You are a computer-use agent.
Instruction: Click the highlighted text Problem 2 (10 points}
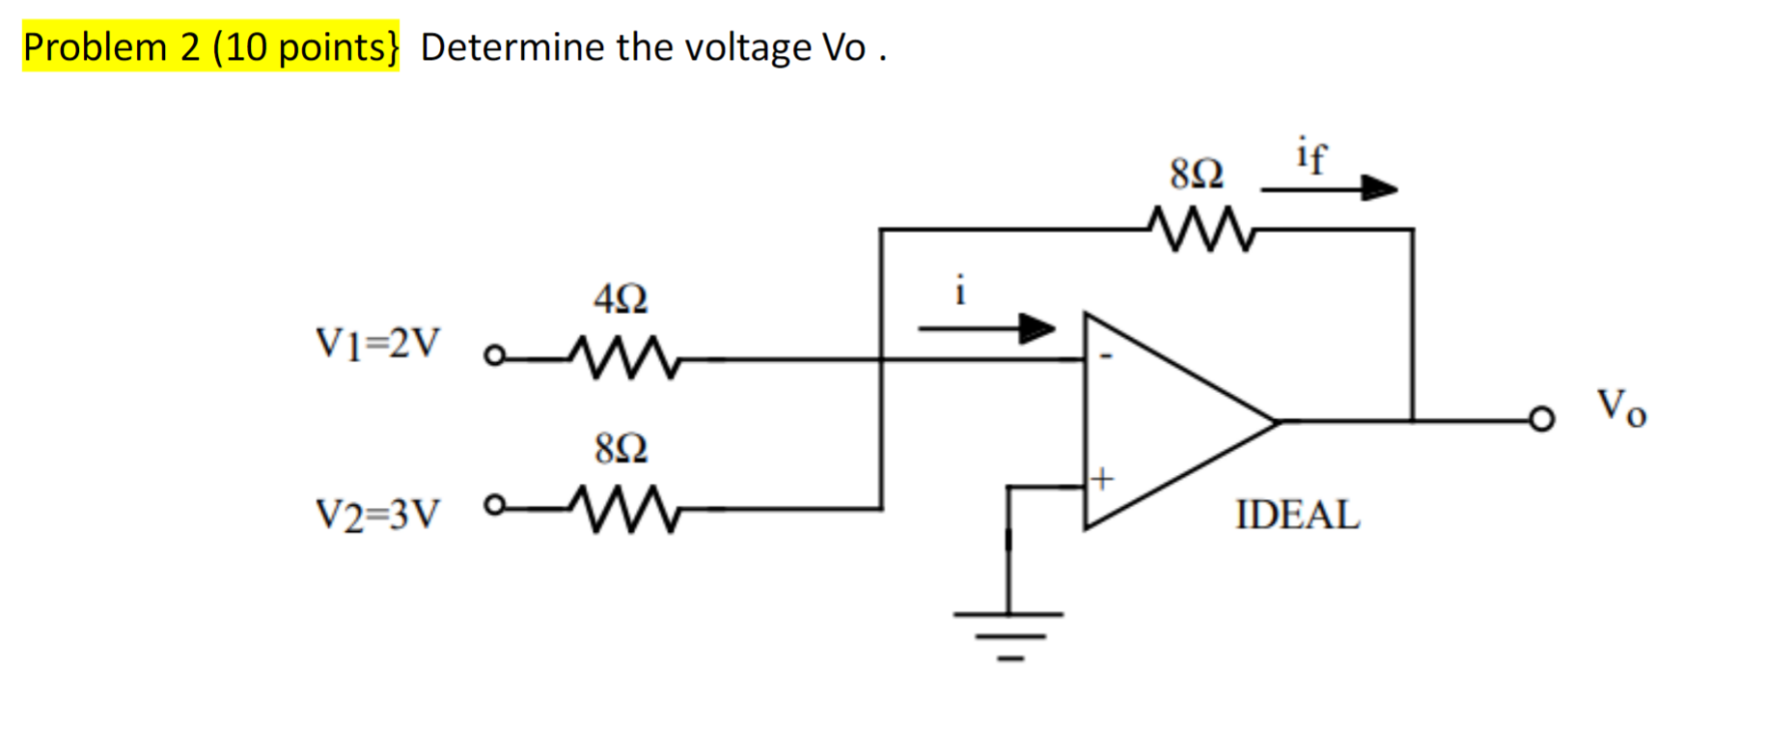pyautogui.click(x=210, y=46)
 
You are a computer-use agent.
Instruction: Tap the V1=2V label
pyautogui.click(x=377, y=343)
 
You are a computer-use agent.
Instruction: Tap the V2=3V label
pyautogui.click(x=377, y=515)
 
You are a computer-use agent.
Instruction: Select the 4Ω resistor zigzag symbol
pyautogui.click(x=626, y=358)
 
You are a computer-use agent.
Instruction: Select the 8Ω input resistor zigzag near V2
pyautogui.click(x=626, y=509)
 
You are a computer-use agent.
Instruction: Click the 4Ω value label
pyautogui.click(x=621, y=298)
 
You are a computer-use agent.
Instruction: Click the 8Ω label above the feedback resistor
pyautogui.click(x=1197, y=174)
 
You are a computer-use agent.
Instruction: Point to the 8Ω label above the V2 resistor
pyautogui.click(x=621, y=449)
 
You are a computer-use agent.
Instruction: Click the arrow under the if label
pyautogui.click(x=1329, y=188)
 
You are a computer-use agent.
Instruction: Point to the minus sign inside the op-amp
pyautogui.click(x=1106, y=356)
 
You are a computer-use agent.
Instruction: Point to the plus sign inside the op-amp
pyautogui.click(x=1102, y=478)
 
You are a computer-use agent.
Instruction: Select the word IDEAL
pyautogui.click(x=1297, y=515)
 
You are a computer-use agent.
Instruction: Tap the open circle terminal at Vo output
pyautogui.click(x=1542, y=419)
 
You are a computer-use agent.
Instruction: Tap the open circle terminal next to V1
pyautogui.click(x=494, y=356)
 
